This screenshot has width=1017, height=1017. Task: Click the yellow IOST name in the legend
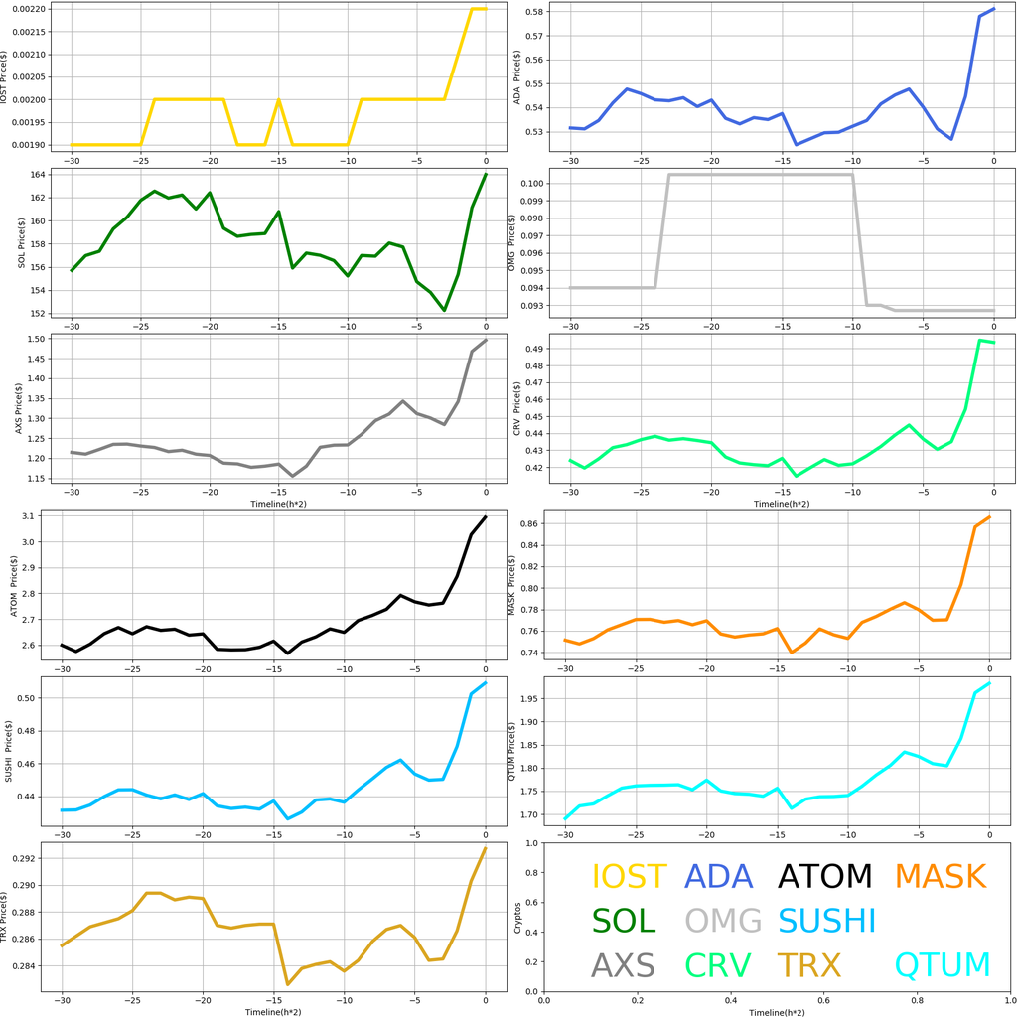point(629,876)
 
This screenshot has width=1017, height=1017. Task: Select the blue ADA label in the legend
point(726,876)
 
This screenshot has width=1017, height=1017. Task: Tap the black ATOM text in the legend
point(824,876)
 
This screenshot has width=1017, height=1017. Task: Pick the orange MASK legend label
point(940,876)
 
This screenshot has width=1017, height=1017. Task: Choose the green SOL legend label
point(624,921)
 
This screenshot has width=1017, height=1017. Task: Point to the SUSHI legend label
point(826,921)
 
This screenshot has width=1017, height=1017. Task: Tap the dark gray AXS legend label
point(623,964)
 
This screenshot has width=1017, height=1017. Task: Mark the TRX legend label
point(808,964)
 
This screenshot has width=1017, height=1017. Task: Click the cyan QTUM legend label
point(943,964)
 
